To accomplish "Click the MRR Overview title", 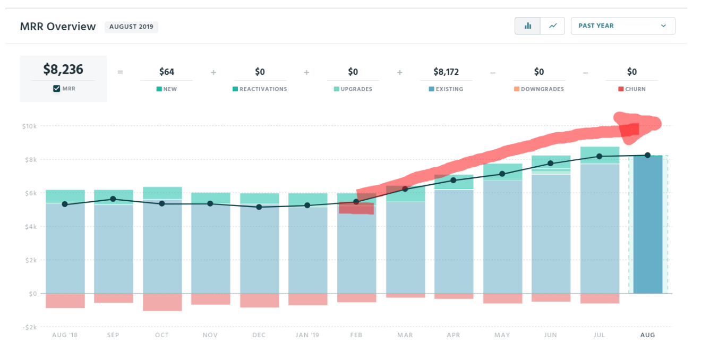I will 58,27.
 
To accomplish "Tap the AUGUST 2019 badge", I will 131,27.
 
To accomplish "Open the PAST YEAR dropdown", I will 622,25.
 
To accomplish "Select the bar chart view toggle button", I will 528,25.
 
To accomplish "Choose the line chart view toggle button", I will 553,25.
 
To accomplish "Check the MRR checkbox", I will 57,89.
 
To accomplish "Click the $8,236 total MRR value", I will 63,70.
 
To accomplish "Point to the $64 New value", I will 167,72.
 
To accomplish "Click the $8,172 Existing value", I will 446,72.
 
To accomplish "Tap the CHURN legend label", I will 635,89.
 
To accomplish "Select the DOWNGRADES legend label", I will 542,89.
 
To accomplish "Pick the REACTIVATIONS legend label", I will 263,89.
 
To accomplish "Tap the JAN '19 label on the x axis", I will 307,335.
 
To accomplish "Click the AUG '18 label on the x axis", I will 65,335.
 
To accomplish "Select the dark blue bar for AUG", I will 648,226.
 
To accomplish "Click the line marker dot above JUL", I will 600,156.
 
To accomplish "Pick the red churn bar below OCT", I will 162,302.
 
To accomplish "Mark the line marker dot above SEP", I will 113,199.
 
